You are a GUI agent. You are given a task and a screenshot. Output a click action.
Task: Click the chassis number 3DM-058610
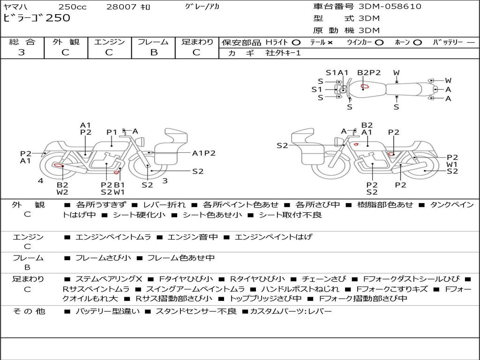click(x=390, y=6)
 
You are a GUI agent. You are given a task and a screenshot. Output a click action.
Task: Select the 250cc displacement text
click(x=72, y=7)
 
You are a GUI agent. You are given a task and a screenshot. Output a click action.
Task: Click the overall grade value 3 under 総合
click(x=22, y=52)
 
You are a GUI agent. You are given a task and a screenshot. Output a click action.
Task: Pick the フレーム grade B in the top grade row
click(x=154, y=52)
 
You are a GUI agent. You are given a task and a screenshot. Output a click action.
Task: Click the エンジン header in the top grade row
click(x=109, y=42)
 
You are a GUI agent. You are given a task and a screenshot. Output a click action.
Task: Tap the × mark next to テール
click(x=330, y=43)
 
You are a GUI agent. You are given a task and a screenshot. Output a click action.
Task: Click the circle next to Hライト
click(x=296, y=43)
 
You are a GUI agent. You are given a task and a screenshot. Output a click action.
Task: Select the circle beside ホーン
click(x=418, y=43)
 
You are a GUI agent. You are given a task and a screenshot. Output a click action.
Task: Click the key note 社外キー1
click(x=283, y=53)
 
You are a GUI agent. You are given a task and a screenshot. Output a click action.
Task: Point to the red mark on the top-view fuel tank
click(x=365, y=86)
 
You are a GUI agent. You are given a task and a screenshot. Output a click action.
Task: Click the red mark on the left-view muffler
click(x=58, y=165)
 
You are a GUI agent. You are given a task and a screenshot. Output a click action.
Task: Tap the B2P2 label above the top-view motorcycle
click(x=369, y=73)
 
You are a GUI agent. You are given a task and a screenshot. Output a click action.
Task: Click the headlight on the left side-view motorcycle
click(x=142, y=142)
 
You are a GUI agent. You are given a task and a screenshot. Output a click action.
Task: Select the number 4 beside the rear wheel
click(x=41, y=180)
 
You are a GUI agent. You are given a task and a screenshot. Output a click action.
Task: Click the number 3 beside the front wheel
click(x=165, y=180)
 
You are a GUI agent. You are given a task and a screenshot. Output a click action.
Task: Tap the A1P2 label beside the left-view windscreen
click(x=203, y=153)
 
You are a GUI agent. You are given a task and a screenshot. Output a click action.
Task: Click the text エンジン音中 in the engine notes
click(x=193, y=237)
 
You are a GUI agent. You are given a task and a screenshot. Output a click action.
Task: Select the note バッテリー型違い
click(x=107, y=311)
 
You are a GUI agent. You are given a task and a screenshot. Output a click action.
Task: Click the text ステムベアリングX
click(x=109, y=279)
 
